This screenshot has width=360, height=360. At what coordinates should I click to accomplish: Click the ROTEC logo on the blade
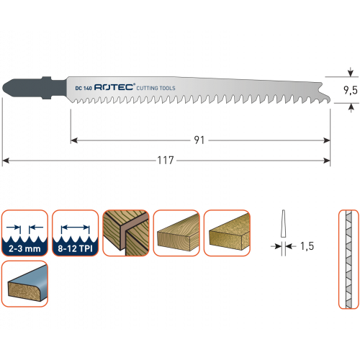(114, 87)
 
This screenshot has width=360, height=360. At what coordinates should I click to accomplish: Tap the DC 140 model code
(84, 88)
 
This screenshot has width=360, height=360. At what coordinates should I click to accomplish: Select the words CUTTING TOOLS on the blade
(156, 88)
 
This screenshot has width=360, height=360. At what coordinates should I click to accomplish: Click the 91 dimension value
(199, 140)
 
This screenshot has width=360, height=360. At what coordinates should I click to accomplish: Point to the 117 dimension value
(166, 161)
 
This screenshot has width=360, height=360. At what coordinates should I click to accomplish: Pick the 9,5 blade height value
(351, 90)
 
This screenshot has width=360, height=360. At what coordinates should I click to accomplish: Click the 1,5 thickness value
(307, 246)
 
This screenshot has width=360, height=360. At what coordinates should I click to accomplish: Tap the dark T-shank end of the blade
(34, 88)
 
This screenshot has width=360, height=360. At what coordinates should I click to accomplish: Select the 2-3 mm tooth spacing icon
(24, 233)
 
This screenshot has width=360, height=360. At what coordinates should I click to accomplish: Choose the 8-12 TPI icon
(76, 233)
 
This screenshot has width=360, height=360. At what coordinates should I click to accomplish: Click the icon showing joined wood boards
(126, 233)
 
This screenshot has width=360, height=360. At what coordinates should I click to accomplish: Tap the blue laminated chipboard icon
(24, 284)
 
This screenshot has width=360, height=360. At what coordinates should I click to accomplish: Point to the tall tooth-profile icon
(348, 259)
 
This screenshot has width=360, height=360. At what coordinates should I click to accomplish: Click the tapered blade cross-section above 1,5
(284, 224)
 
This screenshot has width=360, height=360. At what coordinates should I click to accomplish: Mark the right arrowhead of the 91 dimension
(327, 140)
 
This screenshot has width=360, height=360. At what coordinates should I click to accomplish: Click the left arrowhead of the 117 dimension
(6, 161)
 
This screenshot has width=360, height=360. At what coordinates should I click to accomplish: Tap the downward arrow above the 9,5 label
(351, 72)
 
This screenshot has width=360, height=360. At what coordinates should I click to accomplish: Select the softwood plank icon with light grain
(176, 233)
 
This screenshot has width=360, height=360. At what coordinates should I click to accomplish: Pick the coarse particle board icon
(227, 233)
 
